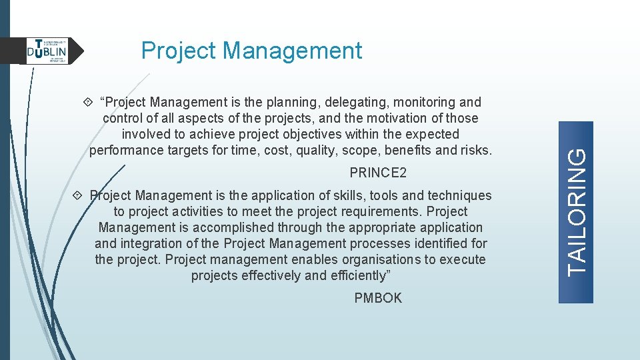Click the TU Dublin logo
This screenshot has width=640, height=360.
(47, 51)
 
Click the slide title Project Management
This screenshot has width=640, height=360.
(251, 51)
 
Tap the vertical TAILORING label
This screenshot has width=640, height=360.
(577, 199)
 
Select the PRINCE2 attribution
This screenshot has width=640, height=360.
(378, 173)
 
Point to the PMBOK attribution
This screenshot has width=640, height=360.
(378, 298)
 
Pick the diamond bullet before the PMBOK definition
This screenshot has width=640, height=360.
(77, 195)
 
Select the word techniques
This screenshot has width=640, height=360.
(459, 195)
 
